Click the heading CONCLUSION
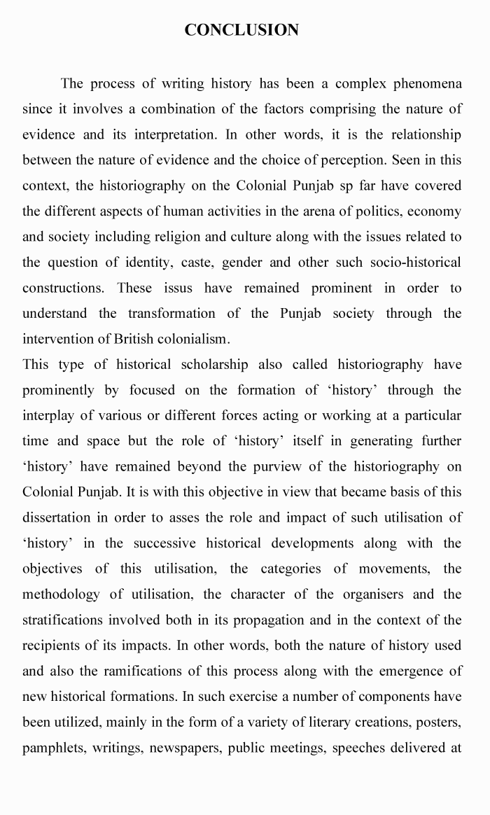click(241, 30)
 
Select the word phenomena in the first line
click(427, 84)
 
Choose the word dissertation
click(59, 517)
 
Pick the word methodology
click(62, 594)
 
